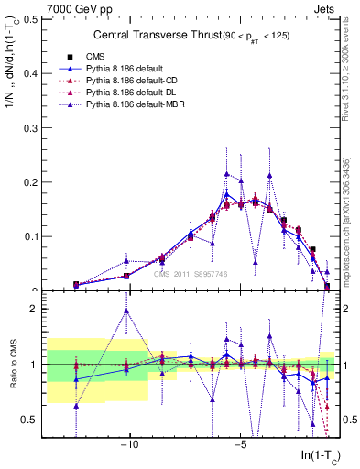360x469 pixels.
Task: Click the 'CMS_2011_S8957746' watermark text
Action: tap(191, 274)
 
